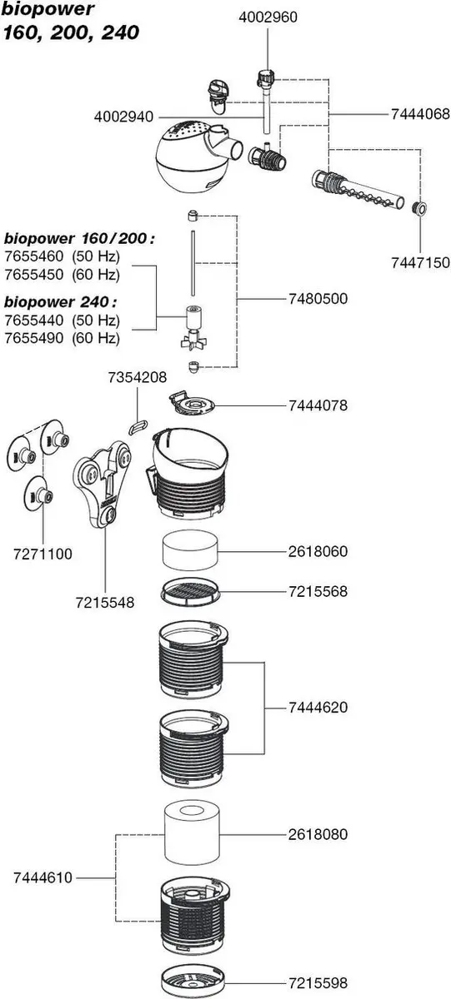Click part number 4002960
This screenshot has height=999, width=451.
tap(268, 17)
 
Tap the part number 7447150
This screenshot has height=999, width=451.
tap(421, 263)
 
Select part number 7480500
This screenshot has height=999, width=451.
tap(318, 298)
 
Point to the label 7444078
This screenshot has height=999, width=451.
tap(318, 405)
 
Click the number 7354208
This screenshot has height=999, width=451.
tap(137, 377)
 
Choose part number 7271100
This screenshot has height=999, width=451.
tap(43, 554)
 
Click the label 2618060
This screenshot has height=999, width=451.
tap(318, 551)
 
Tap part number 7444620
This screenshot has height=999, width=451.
tap(318, 708)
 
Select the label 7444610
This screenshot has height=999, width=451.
tap(43, 877)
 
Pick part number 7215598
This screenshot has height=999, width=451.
tap(318, 983)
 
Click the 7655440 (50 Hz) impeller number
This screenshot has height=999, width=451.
tap(63, 321)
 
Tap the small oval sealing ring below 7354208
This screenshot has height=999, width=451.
tap(138, 426)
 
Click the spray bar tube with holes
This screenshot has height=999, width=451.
tap(358, 189)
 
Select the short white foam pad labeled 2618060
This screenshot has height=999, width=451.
tap(190, 551)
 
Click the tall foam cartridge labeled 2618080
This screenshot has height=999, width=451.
tap(192, 834)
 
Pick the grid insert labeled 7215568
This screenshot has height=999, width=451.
tap(190, 593)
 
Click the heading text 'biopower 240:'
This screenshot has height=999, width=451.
tap(60, 302)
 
